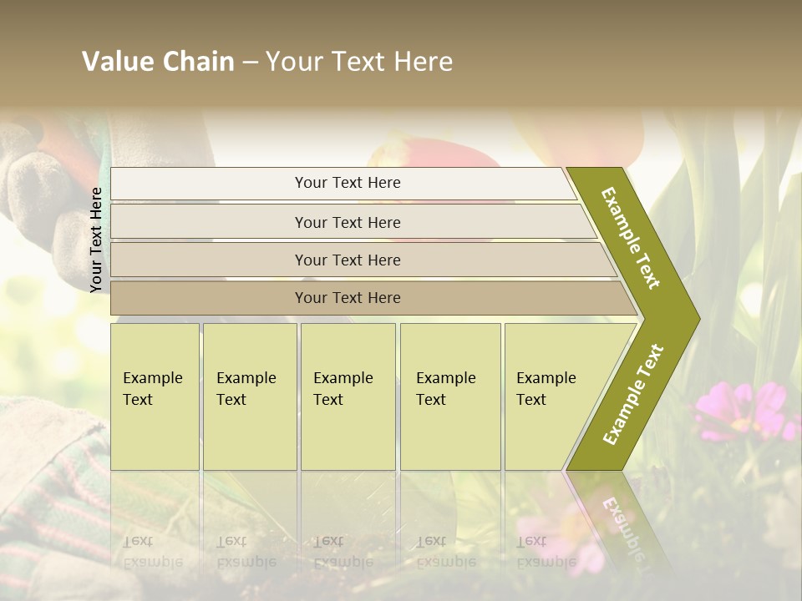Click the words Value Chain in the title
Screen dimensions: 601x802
pos(158,62)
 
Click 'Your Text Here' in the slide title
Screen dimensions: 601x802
pos(359,62)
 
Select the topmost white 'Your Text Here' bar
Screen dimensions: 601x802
pos(347,183)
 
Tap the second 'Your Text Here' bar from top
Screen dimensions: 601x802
pos(347,222)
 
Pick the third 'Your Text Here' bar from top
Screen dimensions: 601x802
pos(347,260)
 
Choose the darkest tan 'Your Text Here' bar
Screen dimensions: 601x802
pos(347,298)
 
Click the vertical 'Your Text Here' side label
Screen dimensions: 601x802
pos(97,240)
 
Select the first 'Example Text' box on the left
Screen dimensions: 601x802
pos(155,396)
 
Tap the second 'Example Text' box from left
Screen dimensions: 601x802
pos(249,396)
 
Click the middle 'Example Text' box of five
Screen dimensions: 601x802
pos(348,396)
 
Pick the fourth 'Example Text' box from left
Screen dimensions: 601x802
pos(449,396)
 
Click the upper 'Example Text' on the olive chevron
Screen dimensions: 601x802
pos(631,238)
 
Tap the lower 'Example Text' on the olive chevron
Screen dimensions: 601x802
pos(633,395)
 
